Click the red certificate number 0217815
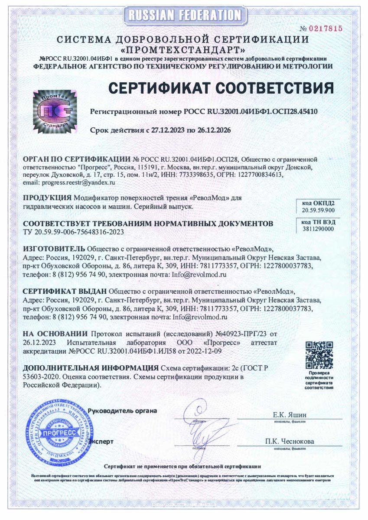(x=325, y=29)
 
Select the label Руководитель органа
(x=122, y=410)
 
